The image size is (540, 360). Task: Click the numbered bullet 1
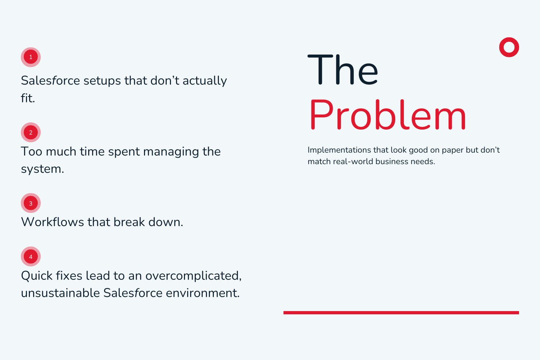(31, 57)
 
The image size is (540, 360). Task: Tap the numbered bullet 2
(31, 132)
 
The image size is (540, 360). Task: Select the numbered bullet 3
(31, 203)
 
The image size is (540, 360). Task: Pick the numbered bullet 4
(31, 257)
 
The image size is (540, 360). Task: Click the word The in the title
(343, 70)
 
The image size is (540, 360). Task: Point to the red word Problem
(387, 115)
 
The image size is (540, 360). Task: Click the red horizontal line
(401, 313)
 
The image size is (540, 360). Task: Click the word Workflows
(53, 222)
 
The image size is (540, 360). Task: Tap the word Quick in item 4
(37, 276)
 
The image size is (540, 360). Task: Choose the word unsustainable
(60, 293)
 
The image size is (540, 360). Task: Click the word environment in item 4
(203, 293)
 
